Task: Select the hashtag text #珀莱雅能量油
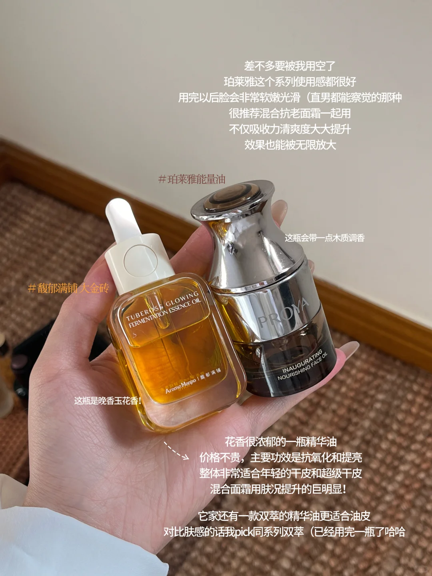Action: point(192,179)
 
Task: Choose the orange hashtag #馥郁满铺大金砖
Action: point(68,288)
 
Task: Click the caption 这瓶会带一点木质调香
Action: point(324,238)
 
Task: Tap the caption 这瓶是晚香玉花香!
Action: point(108,400)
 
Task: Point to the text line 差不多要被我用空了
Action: point(290,66)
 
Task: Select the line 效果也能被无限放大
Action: point(290,144)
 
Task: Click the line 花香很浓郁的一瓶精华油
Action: point(280,442)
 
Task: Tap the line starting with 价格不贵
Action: point(280,457)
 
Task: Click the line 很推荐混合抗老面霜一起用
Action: point(290,113)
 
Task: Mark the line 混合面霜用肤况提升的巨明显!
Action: point(278,489)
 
